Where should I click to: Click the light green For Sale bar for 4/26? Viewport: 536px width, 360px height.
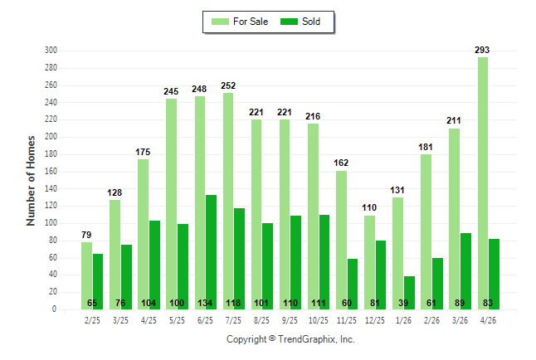click(x=483, y=183)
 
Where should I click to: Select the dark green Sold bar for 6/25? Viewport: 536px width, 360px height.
click(x=211, y=252)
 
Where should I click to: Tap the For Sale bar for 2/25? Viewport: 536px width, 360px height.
click(x=86, y=276)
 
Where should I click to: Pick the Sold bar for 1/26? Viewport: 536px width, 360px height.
click(x=409, y=293)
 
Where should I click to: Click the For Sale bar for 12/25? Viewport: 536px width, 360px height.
click(x=369, y=263)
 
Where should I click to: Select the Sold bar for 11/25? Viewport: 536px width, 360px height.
click(x=353, y=285)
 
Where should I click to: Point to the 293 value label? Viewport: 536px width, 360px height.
click(x=482, y=50)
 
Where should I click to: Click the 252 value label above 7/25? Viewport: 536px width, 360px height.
click(x=228, y=85)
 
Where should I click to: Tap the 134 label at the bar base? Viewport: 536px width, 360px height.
click(x=205, y=303)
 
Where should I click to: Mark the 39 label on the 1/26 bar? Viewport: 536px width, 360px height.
click(x=403, y=303)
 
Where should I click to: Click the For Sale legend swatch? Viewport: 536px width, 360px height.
click(x=220, y=22)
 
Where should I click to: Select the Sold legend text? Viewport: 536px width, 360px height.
click(x=311, y=22)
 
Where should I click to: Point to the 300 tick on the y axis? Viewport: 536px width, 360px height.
click(x=51, y=51)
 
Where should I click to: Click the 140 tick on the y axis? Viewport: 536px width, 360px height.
click(x=51, y=188)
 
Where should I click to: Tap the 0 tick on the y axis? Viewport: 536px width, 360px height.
click(x=54, y=309)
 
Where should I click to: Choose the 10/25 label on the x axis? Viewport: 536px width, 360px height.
click(x=319, y=320)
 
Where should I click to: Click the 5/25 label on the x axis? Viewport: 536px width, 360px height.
click(x=177, y=320)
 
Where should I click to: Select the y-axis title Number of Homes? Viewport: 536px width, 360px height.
click(x=31, y=181)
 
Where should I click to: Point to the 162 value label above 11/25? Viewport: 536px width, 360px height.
click(x=341, y=163)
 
